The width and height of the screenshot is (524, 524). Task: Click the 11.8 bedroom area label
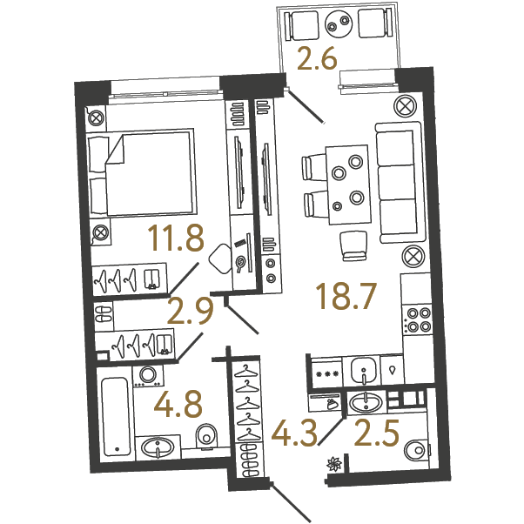pyautogui.click(x=176, y=238)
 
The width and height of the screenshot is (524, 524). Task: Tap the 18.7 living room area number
pyautogui.click(x=348, y=295)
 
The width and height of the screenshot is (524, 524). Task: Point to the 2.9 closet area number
pyautogui.click(x=190, y=312)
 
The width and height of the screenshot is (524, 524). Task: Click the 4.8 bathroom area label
pyautogui.click(x=178, y=404)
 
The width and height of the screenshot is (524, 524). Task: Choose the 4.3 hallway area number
pyautogui.click(x=293, y=433)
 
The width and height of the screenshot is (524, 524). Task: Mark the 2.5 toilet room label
pyautogui.click(x=377, y=433)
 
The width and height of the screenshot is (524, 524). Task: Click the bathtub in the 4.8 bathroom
pyautogui.click(x=116, y=416)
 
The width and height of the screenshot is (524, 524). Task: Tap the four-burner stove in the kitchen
pyautogui.click(x=418, y=319)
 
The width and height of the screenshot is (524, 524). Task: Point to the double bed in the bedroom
pyautogui.click(x=141, y=173)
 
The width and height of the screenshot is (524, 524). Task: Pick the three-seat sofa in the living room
pyautogui.click(x=400, y=183)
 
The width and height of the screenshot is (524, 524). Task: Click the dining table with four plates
pyautogui.click(x=348, y=185)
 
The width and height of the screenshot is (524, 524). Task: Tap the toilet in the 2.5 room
pyautogui.click(x=416, y=450)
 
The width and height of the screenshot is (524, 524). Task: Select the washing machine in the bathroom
pyautogui.click(x=148, y=376)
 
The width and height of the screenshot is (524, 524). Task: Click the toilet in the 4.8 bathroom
pyautogui.click(x=207, y=437)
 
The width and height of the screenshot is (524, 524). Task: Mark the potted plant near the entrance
pyautogui.click(x=334, y=464)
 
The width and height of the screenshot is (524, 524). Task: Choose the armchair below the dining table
pyautogui.click(x=353, y=245)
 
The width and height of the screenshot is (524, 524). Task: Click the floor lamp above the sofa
pyautogui.click(x=406, y=106)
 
